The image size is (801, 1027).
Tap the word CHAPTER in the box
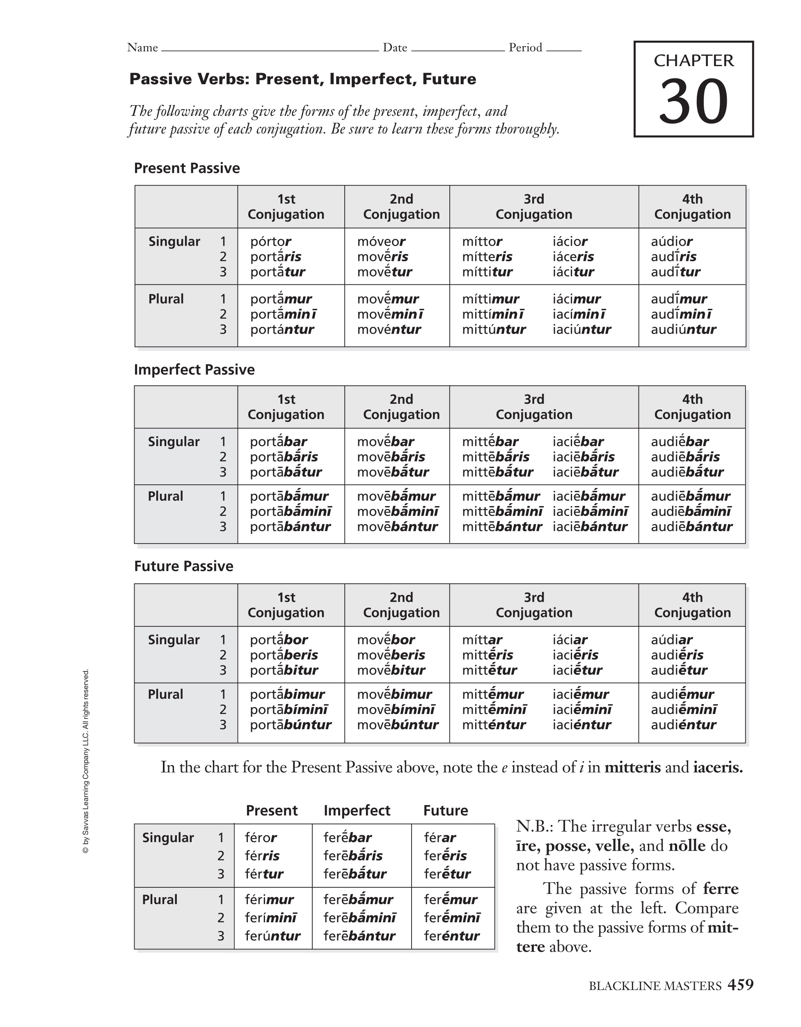click(693, 61)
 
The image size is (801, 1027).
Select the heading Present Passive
click(187, 168)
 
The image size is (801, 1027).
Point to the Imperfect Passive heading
click(194, 369)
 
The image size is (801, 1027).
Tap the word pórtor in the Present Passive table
click(270, 241)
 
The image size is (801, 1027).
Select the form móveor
click(381, 241)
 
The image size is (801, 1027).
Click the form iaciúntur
click(581, 329)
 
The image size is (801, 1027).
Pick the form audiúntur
click(683, 329)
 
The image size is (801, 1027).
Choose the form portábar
click(278, 442)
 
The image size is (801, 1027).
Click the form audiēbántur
click(691, 526)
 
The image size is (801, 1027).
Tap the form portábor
click(279, 640)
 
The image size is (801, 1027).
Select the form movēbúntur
click(398, 724)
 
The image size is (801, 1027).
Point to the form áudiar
click(671, 640)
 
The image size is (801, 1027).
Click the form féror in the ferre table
click(261, 838)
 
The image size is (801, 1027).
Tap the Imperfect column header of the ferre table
click(357, 810)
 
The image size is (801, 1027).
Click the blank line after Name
click(270, 48)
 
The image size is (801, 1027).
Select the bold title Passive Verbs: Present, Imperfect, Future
click(302, 79)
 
